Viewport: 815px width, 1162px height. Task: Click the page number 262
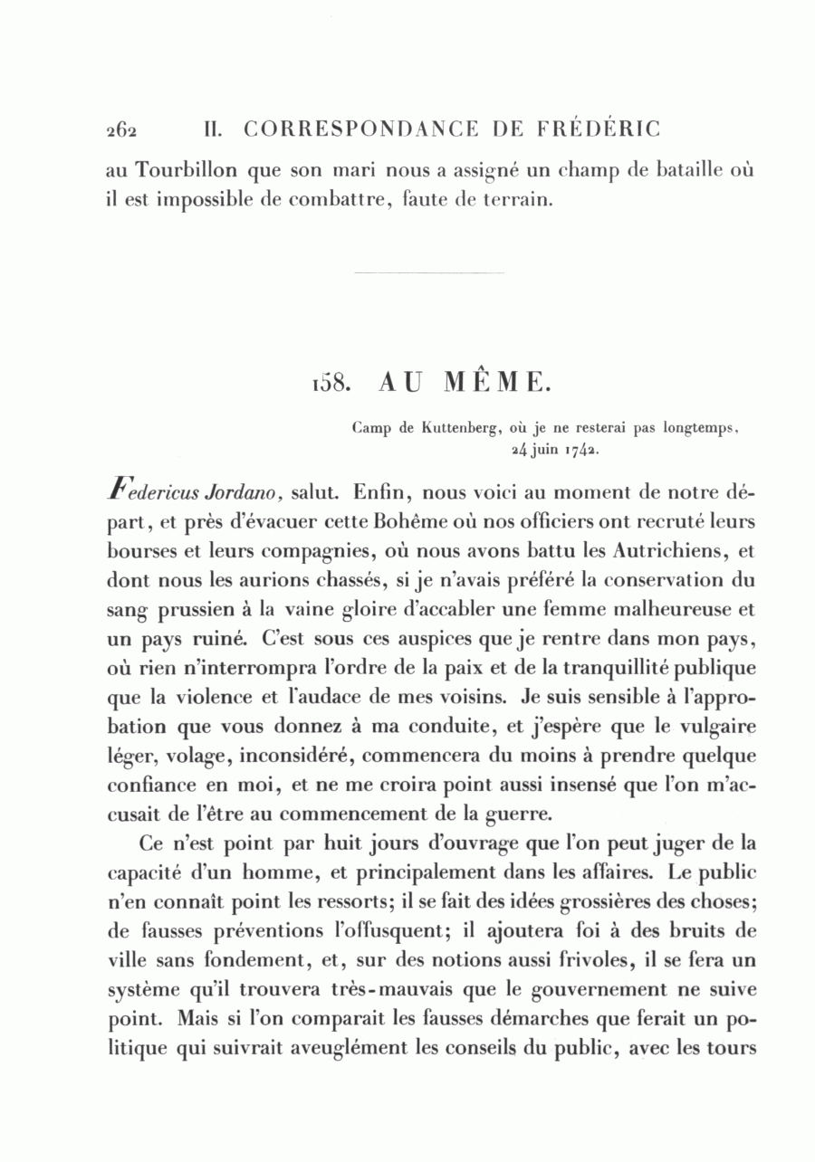click(120, 129)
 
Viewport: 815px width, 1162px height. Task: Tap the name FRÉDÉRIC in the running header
click(602, 129)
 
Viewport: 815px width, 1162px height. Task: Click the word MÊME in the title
click(497, 383)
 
